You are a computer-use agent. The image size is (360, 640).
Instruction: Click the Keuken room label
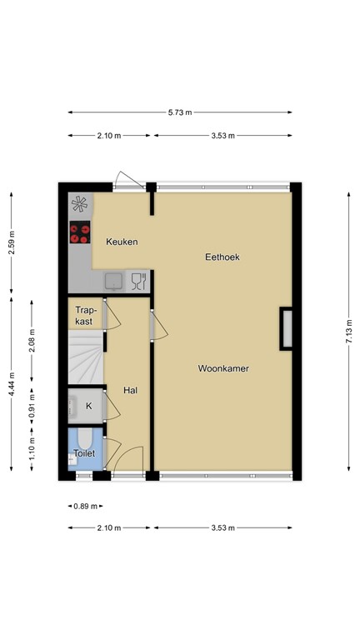(122, 242)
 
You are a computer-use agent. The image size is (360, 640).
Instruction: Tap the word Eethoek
(222, 257)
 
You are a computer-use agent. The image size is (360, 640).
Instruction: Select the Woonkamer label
(223, 368)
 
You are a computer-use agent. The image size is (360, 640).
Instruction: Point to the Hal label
(130, 390)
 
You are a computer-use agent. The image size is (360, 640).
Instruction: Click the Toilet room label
(84, 453)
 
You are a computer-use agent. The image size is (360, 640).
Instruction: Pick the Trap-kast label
(83, 316)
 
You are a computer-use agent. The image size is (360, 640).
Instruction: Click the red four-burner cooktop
(80, 232)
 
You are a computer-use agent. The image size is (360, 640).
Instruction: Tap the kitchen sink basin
(114, 281)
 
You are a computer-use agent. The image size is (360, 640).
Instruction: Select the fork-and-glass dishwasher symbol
(139, 281)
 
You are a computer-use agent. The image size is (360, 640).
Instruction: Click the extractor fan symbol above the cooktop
(79, 204)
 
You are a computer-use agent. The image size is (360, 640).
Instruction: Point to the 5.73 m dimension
(180, 112)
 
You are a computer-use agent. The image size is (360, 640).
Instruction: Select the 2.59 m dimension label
(12, 242)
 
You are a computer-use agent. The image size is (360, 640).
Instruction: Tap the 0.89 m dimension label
(85, 506)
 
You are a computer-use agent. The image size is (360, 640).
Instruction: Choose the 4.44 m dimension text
(12, 383)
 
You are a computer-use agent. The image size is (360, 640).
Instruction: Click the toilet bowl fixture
(85, 439)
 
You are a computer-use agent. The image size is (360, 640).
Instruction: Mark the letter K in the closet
(88, 406)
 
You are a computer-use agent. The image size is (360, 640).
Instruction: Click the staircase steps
(86, 357)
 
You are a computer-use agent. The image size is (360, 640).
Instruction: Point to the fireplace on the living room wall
(286, 328)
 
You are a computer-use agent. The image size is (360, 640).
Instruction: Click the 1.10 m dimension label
(32, 448)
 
